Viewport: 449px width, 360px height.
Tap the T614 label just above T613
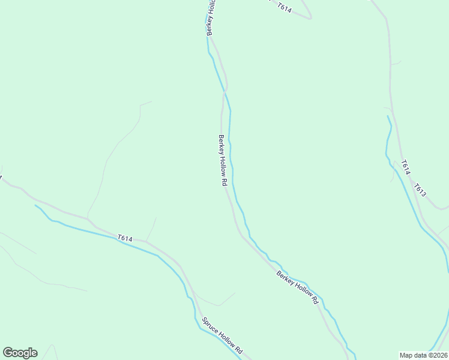pyautogui.click(x=406, y=167)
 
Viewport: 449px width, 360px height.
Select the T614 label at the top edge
pyautogui.click(x=285, y=7)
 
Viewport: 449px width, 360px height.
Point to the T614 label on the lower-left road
pyautogui.click(x=125, y=239)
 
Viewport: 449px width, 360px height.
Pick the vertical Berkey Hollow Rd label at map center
pyautogui.click(x=222, y=160)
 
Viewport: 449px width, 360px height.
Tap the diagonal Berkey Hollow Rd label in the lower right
pyautogui.click(x=297, y=287)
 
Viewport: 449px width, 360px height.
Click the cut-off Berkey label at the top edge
pyautogui.click(x=211, y=18)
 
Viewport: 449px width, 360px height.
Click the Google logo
pyautogui.click(x=20, y=353)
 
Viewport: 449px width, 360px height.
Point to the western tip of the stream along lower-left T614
pyautogui.click(x=35, y=205)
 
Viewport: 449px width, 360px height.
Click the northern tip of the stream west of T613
pyautogui.click(x=388, y=116)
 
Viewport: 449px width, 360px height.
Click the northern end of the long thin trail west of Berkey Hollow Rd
pyautogui.click(x=151, y=101)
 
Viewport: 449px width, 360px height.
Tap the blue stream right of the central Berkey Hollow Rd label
pyautogui.click(x=232, y=162)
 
